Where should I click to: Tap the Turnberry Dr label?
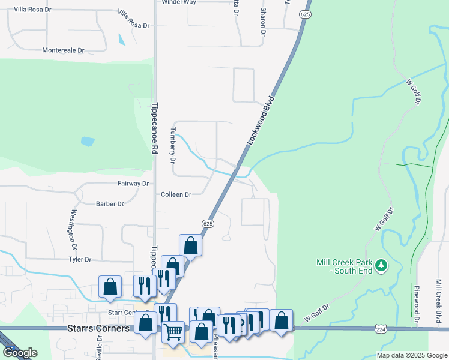tap(173, 146)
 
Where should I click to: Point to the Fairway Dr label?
tap(133, 183)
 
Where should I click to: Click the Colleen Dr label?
tap(176, 195)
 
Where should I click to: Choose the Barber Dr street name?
tap(109, 204)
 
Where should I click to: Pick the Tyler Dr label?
tap(79, 260)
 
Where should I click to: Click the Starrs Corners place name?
tap(97, 329)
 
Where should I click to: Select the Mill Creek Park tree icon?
tap(381, 265)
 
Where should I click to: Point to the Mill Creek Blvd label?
tap(439, 306)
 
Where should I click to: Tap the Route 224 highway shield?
tap(380, 329)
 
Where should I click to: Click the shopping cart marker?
tap(173, 331)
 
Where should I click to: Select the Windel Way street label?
tap(179, 2)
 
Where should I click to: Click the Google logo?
tap(19, 353)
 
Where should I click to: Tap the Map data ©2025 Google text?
tap(411, 355)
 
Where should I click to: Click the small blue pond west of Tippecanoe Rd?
tap(88, 142)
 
